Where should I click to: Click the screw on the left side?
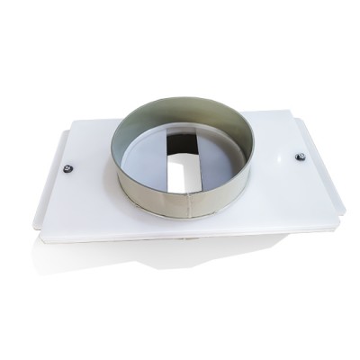pos(67,166)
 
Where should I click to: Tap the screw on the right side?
pos(301,157)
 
